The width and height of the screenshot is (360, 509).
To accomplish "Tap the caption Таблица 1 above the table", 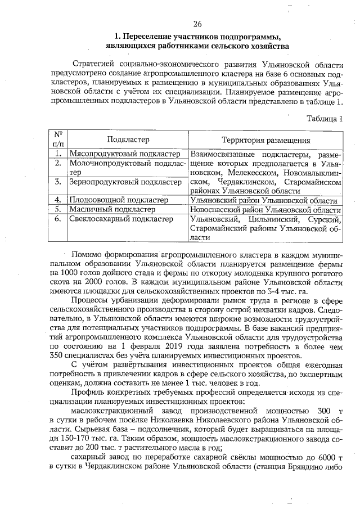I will [324, 119].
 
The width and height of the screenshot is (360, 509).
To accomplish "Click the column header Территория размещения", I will [265, 139].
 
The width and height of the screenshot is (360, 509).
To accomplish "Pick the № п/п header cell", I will [57, 139].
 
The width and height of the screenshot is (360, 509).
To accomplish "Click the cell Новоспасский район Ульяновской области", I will [263, 209].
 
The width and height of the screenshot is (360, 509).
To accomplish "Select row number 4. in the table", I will [57, 200].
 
